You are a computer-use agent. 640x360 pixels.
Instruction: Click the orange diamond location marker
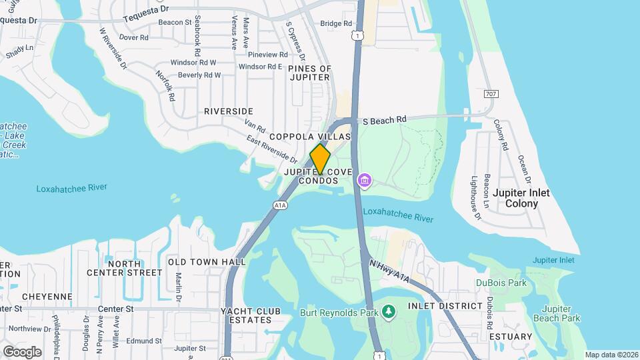point(320,159)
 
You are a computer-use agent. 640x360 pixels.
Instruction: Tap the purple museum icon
point(364,180)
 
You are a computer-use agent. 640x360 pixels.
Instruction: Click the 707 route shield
point(490,94)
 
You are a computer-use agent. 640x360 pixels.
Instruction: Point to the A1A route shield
point(281,206)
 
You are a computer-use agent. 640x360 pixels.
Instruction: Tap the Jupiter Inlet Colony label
point(521,198)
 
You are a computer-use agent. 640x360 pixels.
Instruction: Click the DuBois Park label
point(501,283)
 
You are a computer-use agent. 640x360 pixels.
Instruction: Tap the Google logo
point(22,351)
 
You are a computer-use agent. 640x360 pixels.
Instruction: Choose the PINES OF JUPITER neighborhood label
point(309,73)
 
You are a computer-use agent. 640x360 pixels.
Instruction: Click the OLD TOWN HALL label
point(206,262)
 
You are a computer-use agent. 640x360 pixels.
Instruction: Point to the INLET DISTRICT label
point(444,306)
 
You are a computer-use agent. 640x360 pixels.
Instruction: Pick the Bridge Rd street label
point(336,23)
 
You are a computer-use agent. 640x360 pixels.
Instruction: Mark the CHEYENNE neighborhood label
point(47,296)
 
